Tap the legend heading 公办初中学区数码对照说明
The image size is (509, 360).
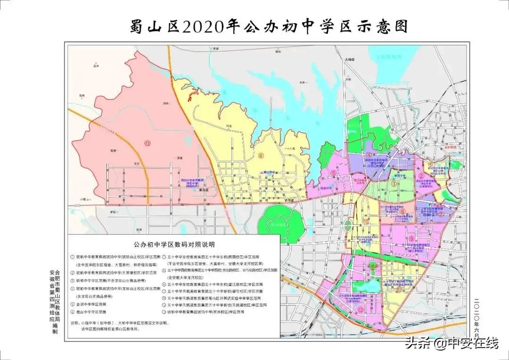coord(174,245)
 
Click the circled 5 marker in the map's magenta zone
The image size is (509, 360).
coord(333,173)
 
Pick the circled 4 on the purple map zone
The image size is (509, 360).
coord(369,155)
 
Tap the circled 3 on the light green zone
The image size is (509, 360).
coord(393,184)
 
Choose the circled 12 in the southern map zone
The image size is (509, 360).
coord(361,309)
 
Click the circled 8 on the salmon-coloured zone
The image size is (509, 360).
coord(402,212)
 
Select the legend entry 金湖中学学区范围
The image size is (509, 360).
coord(94,304)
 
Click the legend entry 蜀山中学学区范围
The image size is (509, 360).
coord(94,312)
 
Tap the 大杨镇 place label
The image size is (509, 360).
coord(349,60)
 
